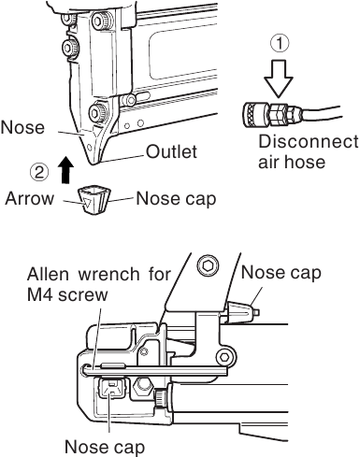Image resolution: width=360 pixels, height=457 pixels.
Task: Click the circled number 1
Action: click(x=278, y=43)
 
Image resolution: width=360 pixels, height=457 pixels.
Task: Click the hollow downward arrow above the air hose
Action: click(x=278, y=77)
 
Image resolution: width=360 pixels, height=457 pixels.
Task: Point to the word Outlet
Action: click(x=171, y=152)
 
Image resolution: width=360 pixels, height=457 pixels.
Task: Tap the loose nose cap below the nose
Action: click(x=94, y=198)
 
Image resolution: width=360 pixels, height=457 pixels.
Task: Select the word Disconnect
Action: click(x=307, y=142)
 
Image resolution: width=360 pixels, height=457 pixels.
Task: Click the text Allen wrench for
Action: click(x=99, y=276)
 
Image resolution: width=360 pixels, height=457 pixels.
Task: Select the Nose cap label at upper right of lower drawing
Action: click(x=281, y=272)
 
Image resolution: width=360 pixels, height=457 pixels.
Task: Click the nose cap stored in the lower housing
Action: click(x=113, y=393)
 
